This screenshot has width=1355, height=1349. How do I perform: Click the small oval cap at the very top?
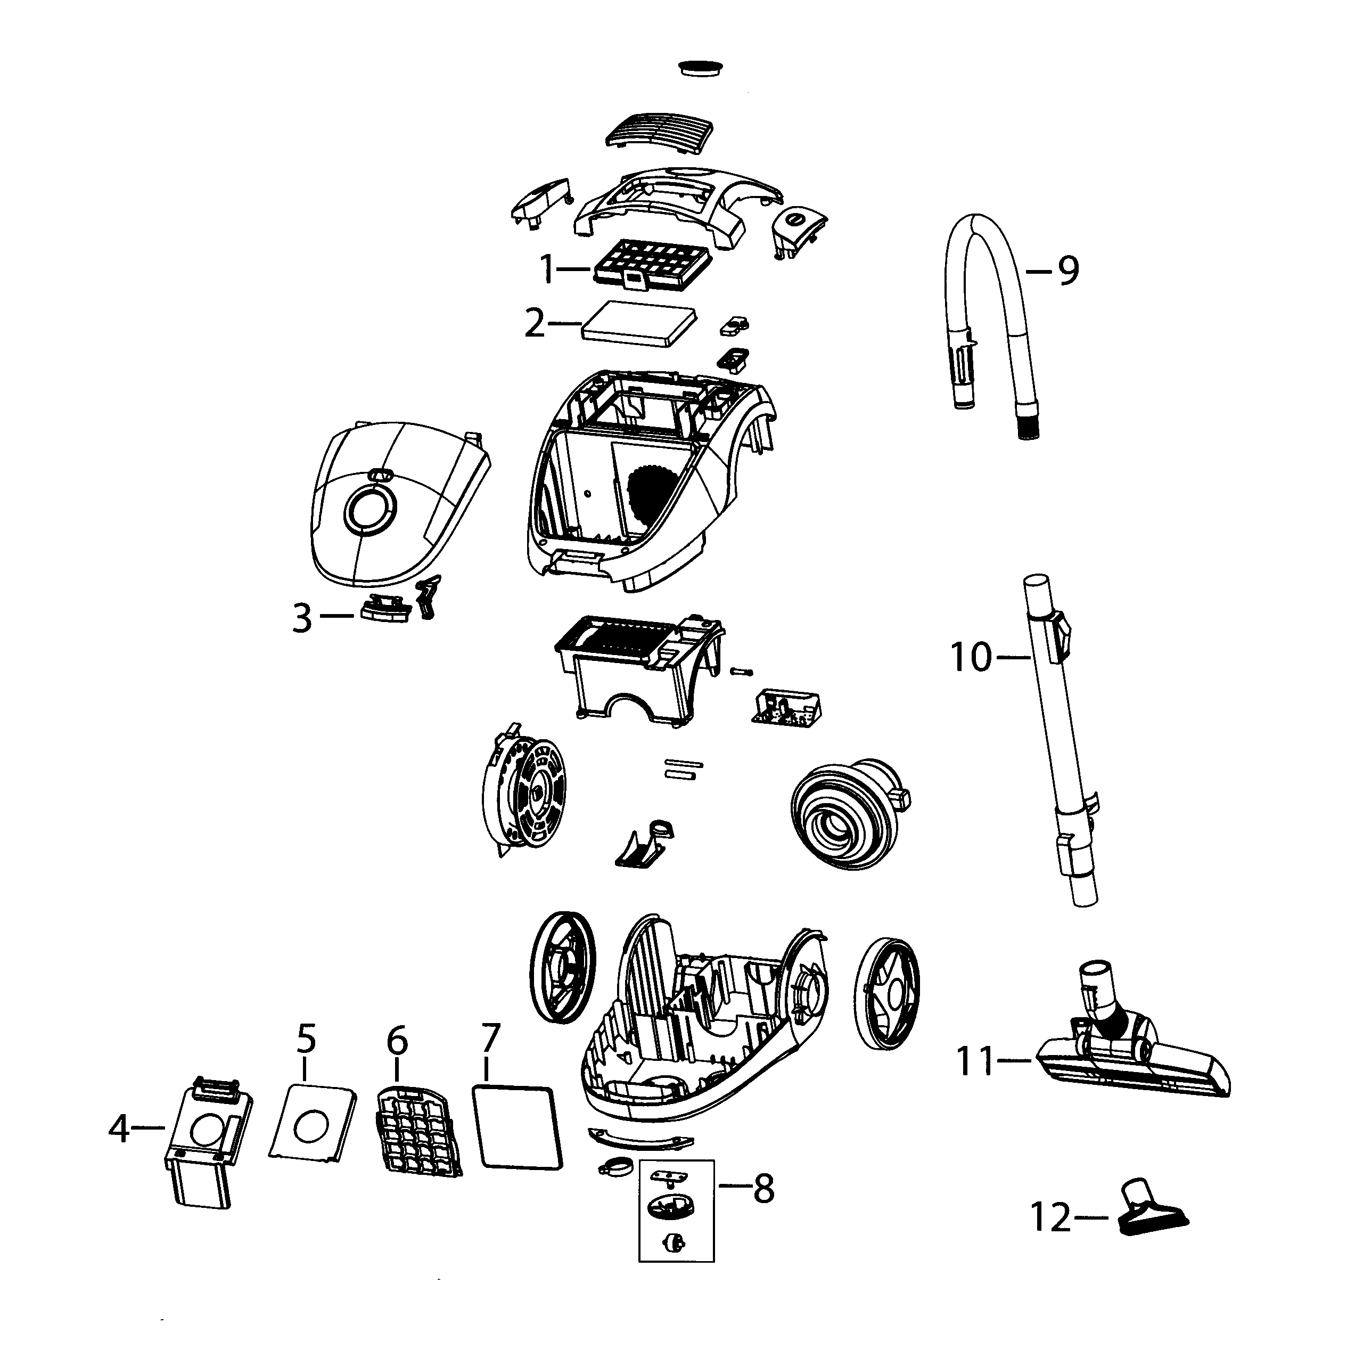pos(701,67)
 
